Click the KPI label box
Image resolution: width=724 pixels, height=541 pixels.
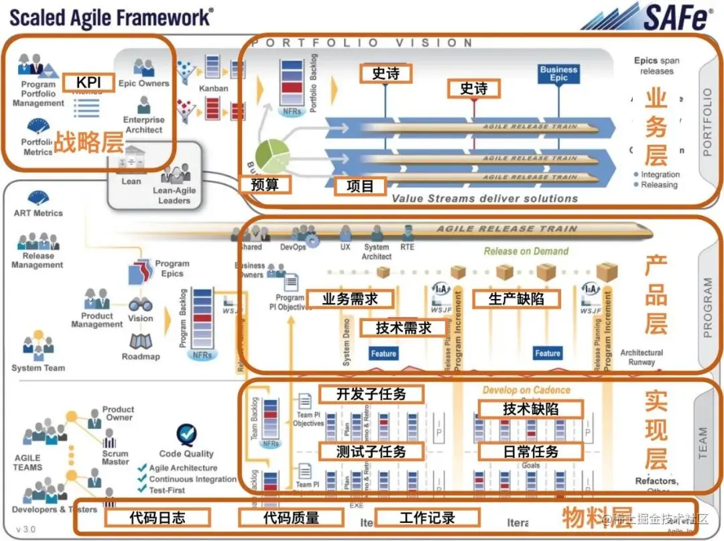(88, 83)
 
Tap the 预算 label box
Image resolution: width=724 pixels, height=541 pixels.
(265, 184)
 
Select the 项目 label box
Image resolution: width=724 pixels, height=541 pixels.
(361, 186)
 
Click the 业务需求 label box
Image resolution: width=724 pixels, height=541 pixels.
(350, 299)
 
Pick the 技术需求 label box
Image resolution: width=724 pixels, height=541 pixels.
(404, 328)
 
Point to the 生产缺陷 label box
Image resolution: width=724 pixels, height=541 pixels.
(516, 299)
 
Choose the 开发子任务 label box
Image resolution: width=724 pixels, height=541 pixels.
(371, 394)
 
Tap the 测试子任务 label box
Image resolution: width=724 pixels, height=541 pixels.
(371, 451)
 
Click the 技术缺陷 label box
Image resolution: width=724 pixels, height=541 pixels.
(530, 408)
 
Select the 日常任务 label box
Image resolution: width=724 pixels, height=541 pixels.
(530, 451)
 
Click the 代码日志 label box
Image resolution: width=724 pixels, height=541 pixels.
(158, 517)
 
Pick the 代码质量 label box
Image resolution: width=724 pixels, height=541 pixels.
(291, 517)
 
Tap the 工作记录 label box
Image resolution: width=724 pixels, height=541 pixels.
(427, 517)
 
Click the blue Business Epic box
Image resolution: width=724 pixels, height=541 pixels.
(558, 74)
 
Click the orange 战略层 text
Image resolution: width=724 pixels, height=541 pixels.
(87, 143)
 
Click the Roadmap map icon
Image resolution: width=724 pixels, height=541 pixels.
(141, 342)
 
